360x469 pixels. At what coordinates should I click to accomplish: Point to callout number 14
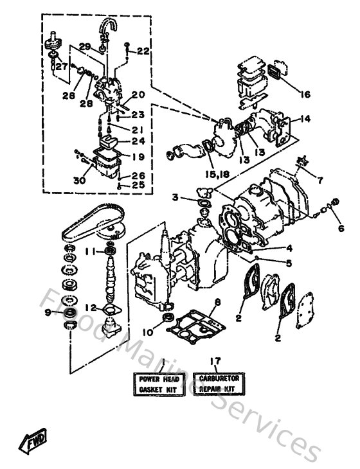click(x=305, y=119)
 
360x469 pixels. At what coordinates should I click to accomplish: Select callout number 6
click(x=340, y=228)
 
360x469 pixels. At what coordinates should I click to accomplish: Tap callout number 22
click(x=143, y=50)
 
